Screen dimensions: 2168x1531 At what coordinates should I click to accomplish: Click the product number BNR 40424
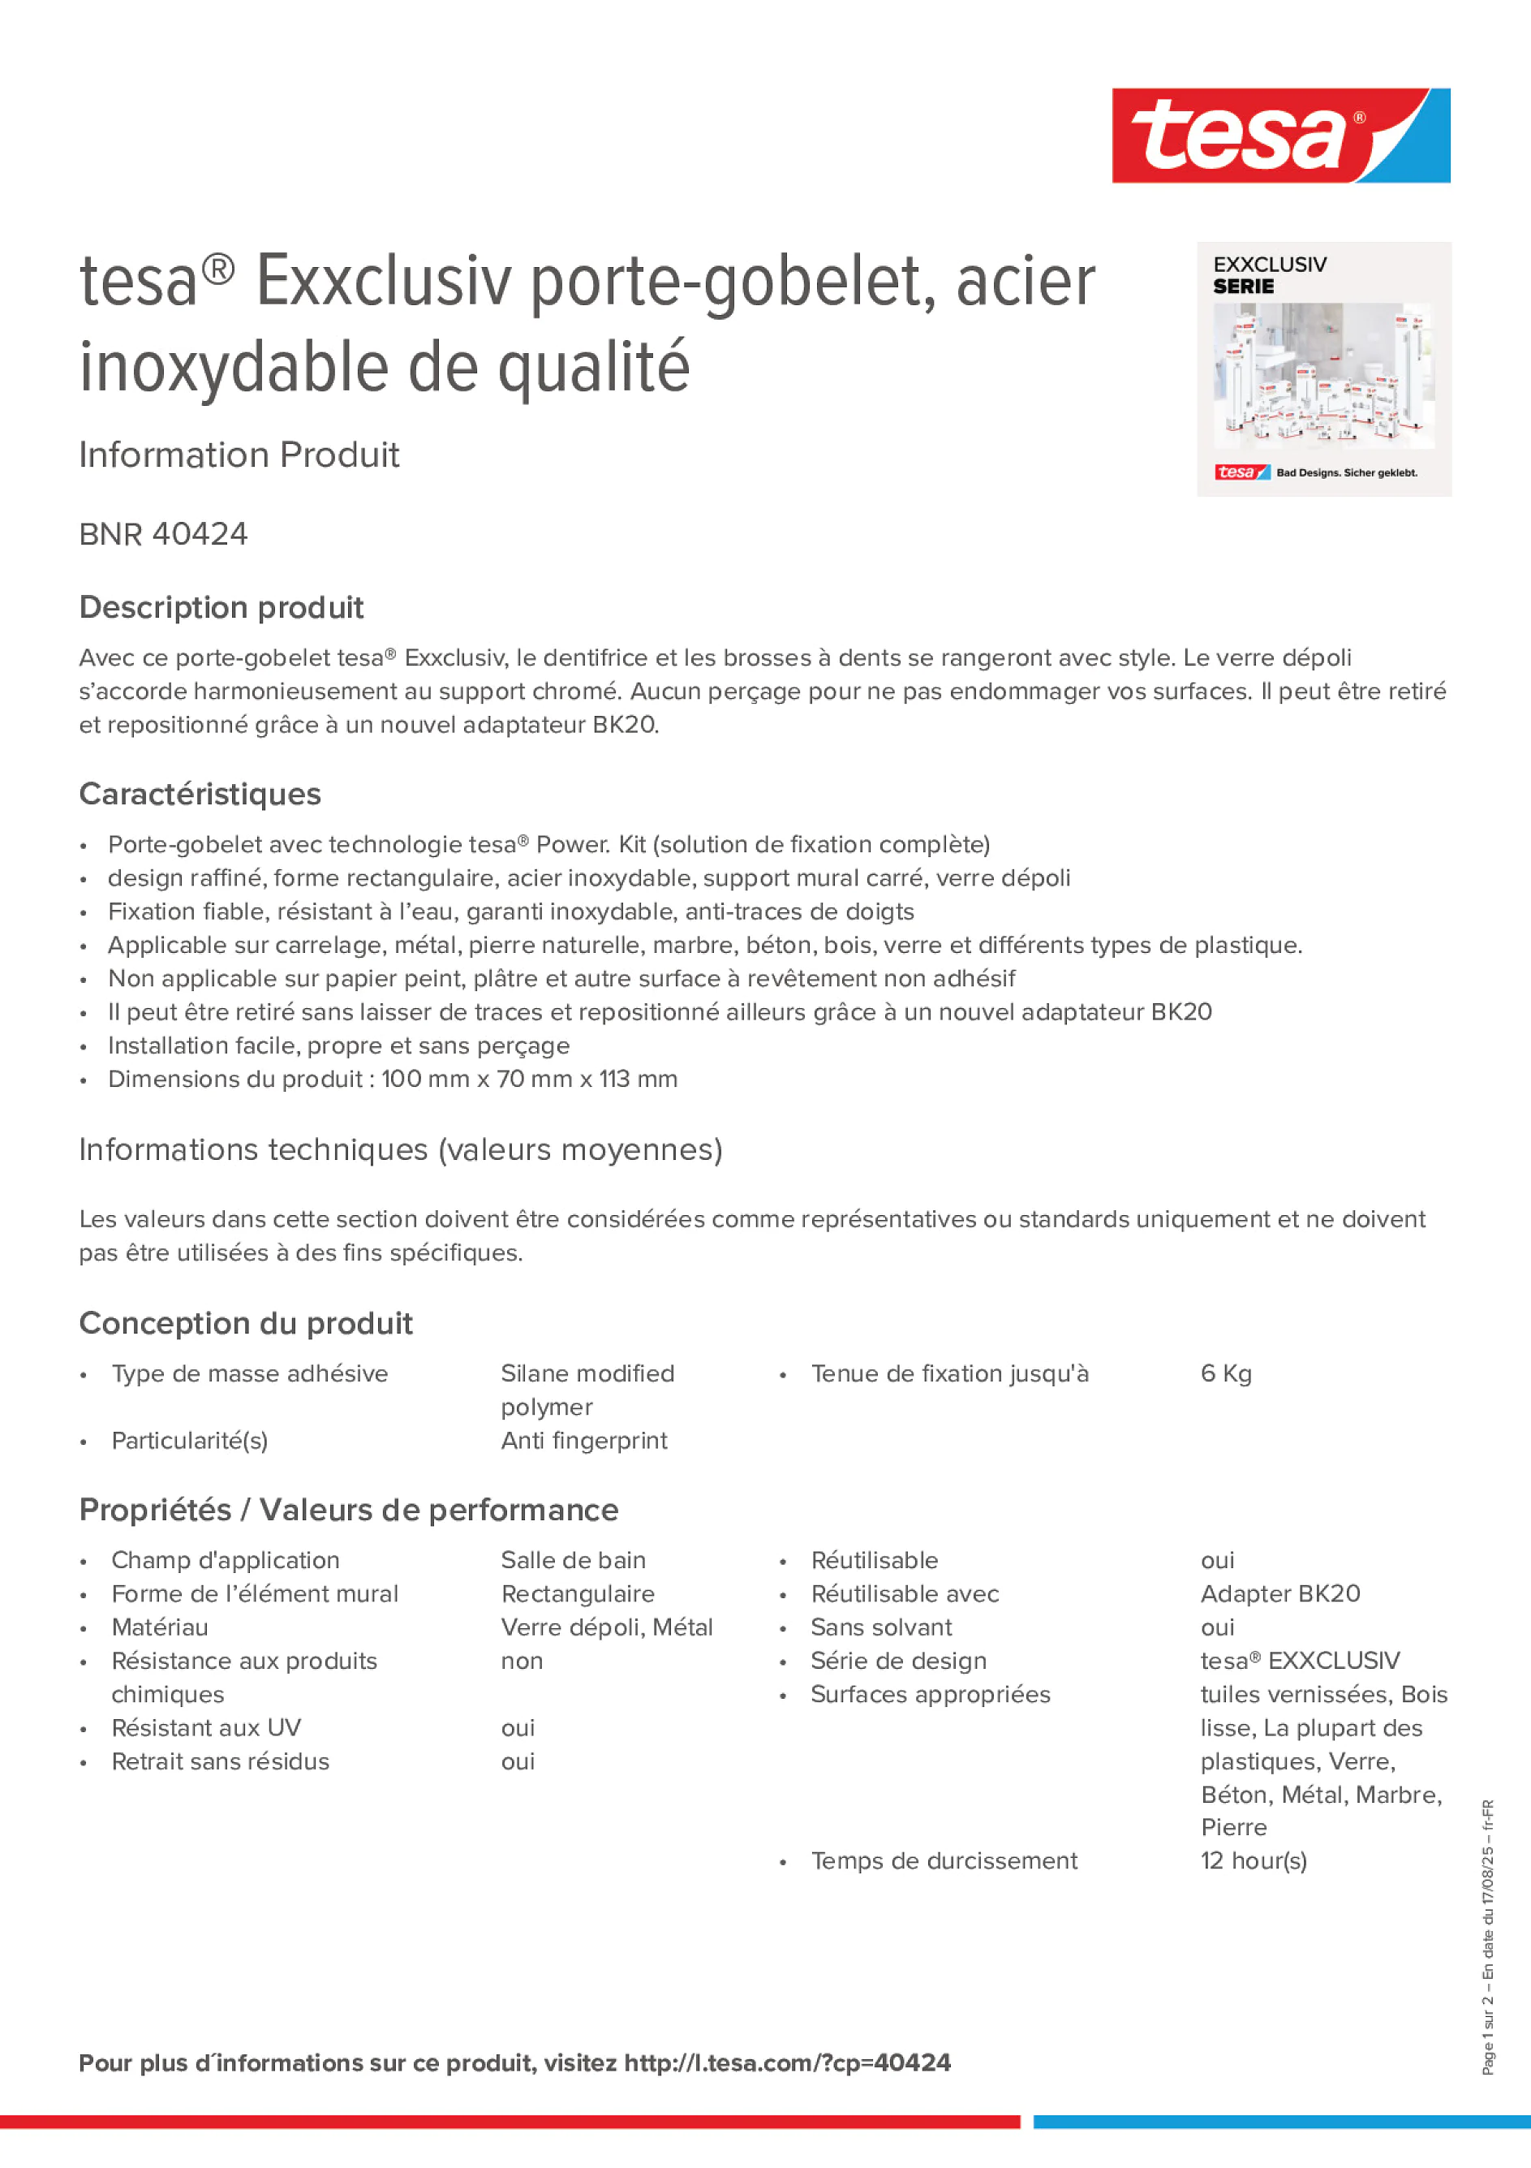(163, 534)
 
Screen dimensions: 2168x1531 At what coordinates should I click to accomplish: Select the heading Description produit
(221, 607)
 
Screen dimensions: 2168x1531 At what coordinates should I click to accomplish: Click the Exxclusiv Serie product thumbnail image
(1323, 369)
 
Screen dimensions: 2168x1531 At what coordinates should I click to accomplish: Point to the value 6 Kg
(1225, 1374)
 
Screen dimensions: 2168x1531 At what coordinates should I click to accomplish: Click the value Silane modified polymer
(587, 1390)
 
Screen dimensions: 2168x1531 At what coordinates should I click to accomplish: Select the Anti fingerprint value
(583, 1441)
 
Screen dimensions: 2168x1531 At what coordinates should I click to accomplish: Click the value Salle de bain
(573, 1561)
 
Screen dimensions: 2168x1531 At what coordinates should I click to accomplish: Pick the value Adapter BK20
(1280, 1594)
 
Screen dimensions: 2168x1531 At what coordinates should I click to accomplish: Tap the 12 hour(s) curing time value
(1254, 1861)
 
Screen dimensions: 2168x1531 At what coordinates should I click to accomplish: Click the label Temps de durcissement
(944, 1861)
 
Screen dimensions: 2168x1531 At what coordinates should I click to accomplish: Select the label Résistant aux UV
(206, 1728)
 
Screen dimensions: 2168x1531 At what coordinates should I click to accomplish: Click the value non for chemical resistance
(522, 1661)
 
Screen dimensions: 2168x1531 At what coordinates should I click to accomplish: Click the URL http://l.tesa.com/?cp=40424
(787, 2063)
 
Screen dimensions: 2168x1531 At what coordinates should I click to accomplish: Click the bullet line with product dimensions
(393, 1080)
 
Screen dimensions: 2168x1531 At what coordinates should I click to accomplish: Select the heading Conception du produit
(245, 1324)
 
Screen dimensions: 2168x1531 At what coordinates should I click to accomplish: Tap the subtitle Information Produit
(239, 455)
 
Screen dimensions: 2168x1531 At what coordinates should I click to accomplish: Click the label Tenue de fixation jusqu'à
(949, 1374)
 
